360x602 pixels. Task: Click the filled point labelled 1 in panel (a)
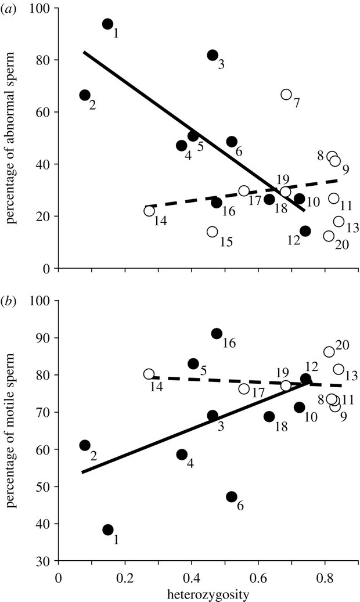coord(107,24)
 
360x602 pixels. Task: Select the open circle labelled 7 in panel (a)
coord(286,94)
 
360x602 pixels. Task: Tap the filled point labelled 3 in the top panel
coord(213,55)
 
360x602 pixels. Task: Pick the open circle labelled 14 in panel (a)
coord(149,211)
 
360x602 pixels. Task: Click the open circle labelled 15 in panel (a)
coord(213,232)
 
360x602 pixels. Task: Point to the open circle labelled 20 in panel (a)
coord(329,236)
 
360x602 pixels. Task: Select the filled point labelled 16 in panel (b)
coord(217,333)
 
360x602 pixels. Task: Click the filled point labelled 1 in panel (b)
coord(107,529)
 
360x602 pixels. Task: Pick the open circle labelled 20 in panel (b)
coord(329,352)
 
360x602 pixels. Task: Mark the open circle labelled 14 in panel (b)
coord(149,374)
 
